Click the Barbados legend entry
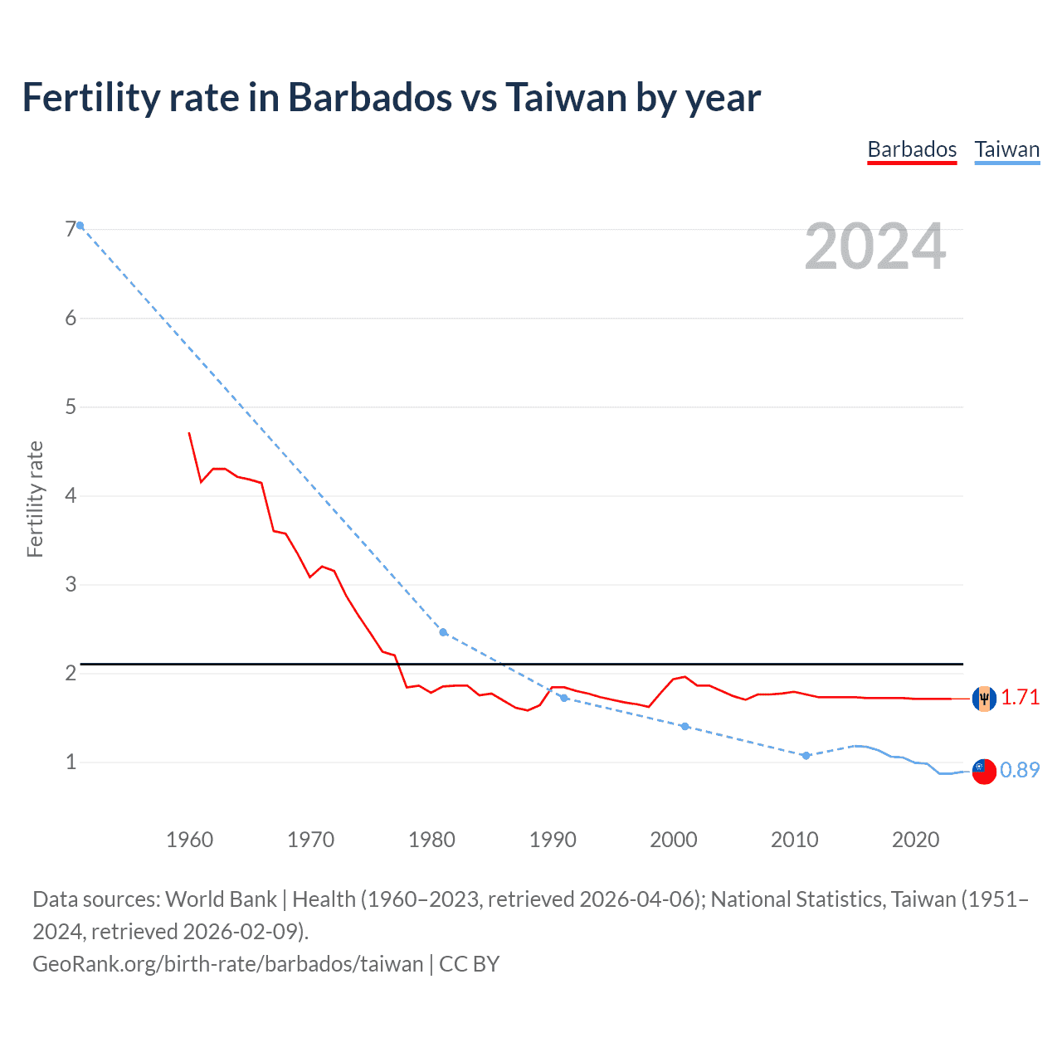click(x=912, y=149)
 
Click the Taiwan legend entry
click(x=1006, y=149)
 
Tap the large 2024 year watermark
click(x=874, y=246)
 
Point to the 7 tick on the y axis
click(x=71, y=229)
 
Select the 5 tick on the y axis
click(x=71, y=407)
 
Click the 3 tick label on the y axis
click(x=71, y=584)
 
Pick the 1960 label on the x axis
click(x=189, y=840)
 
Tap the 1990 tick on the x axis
click(x=553, y=840)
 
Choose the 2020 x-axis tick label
click(x=915, y=840)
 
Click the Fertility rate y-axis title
click(x=35, y=499)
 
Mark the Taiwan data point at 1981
click(x=443, y=632)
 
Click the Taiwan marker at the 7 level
click(x=80, y=226)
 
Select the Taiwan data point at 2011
click(x=806, y=755)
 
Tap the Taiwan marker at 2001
click(x=684, y=726)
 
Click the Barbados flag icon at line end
click(x=984, y=699)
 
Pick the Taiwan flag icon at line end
click(x=984, y=771)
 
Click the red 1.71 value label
click(x=1020, y=698)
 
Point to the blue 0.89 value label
click(x=1020, y=770)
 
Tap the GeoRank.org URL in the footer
click(x=227, y=964)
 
